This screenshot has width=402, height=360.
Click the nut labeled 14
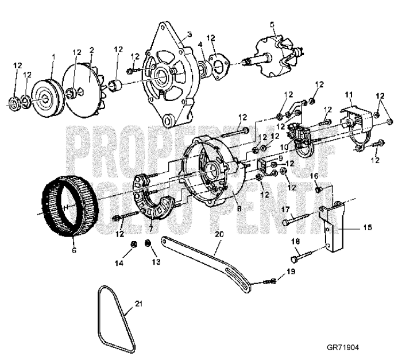click(133, 245)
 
